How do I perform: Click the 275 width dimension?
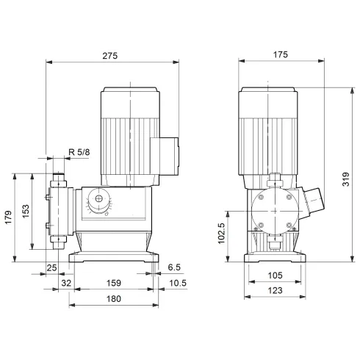[111, 55]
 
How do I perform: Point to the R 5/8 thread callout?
[79, 152]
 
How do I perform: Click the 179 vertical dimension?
[10, 219]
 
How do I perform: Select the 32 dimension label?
[66, 281]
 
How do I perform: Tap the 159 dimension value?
[113, 281]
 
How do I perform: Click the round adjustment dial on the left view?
[96, 201]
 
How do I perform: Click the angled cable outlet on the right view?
[314, 199]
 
